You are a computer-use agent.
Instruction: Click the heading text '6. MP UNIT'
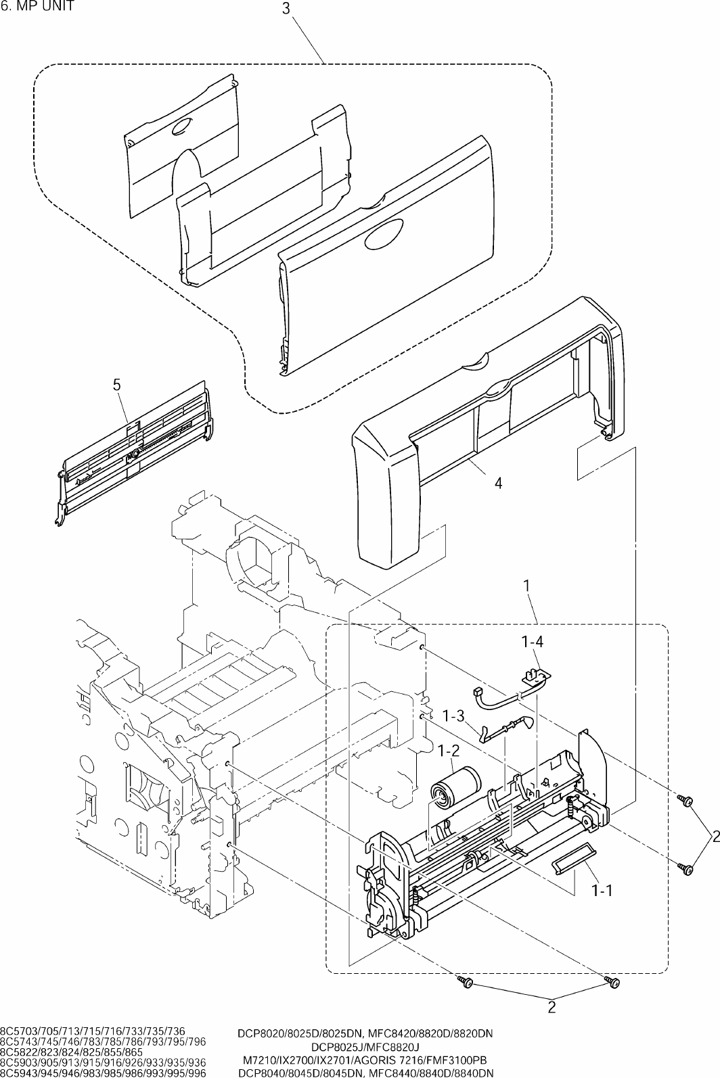(38, 7)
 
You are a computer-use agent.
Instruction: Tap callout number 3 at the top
(286, 9)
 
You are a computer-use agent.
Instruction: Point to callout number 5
(116, 385)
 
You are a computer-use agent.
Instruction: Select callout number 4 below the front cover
(499, 483)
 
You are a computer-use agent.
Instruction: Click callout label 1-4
(532, 641)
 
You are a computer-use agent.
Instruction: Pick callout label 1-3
(453, 716)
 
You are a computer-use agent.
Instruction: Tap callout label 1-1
(602, 891)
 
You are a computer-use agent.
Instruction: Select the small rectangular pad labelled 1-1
(573, 857)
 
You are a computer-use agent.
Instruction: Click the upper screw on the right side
(685, 800)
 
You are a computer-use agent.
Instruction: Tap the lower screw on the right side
(685, 868)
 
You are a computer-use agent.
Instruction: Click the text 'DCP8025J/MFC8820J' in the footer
(365, 1047)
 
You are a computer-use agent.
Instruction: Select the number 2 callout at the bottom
(552, 1016)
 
